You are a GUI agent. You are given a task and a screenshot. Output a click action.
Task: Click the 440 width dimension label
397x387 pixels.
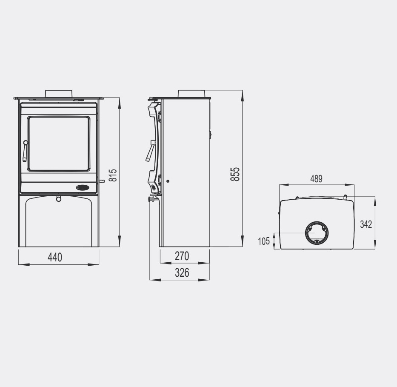[54, 257]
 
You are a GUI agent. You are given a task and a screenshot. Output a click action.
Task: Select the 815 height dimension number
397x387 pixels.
[113, 175]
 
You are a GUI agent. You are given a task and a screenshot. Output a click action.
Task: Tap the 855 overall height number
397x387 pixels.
[235, 174]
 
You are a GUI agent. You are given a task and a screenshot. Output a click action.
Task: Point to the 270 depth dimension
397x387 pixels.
[182, 256]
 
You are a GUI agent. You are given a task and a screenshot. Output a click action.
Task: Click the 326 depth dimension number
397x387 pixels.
[182, 273]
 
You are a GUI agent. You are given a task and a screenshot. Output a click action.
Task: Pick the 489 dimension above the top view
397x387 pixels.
[316, 179]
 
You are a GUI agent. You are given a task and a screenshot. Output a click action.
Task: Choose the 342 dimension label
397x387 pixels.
[366, 224]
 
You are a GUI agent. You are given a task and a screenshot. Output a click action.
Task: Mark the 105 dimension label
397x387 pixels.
[264, 241]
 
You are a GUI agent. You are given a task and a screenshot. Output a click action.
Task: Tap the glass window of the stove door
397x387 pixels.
[59, 143]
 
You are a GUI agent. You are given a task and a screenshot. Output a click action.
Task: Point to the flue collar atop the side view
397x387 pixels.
[192, 94]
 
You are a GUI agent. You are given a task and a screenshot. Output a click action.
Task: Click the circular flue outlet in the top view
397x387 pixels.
[317, 233]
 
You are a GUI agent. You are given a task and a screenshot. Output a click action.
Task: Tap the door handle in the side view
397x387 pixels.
[151, 151]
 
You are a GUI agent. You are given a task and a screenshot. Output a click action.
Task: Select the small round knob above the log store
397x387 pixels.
[59, 198]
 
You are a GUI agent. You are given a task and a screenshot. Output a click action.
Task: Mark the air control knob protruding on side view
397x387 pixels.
[151, 199]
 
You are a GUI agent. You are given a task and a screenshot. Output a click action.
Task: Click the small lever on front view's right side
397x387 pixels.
[102, 181]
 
